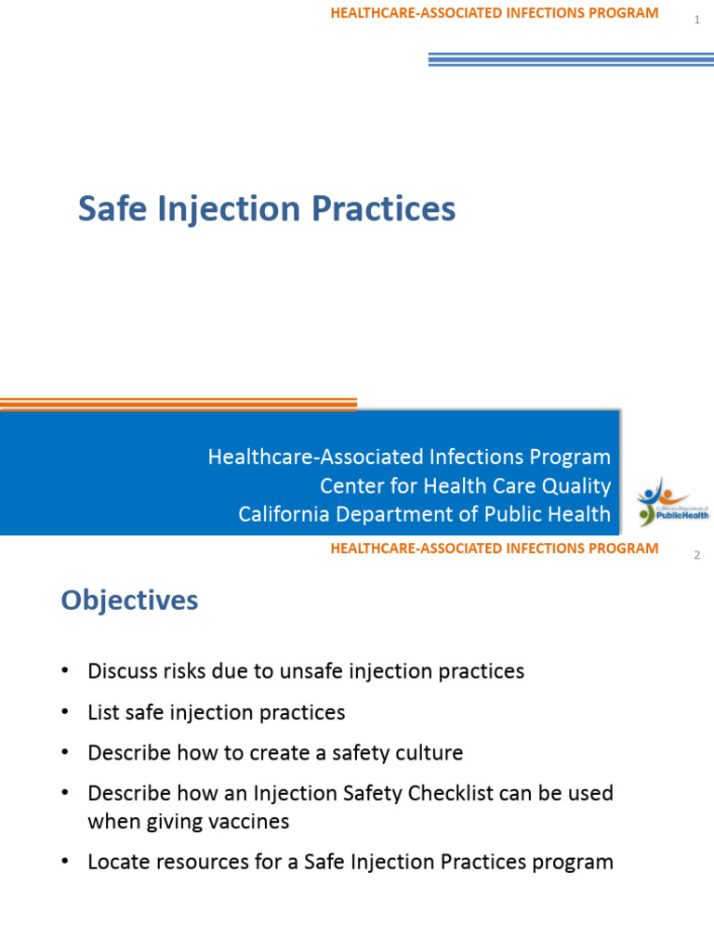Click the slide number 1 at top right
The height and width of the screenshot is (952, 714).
pyautogui.click(x=696, y=20)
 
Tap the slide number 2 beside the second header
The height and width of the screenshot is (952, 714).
pyautogui.click(x=696, y=556)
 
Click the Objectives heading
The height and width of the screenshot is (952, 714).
pyautogui.click(x=129, y=601)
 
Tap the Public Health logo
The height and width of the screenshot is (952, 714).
pyautogui.click(x=672, y=503)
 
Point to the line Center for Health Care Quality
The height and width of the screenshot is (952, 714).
pyautogui.click(x=465, y=485)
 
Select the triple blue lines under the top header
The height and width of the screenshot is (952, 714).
pyautogui.click(x=570, y=59)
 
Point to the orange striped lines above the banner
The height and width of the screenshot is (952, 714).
pyautogui.click(x=177, y=404)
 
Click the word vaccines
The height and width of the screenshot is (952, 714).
pyautogui.click(x=251, y=822)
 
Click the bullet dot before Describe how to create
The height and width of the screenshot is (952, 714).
pyautogui.click(x=64, y=753)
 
